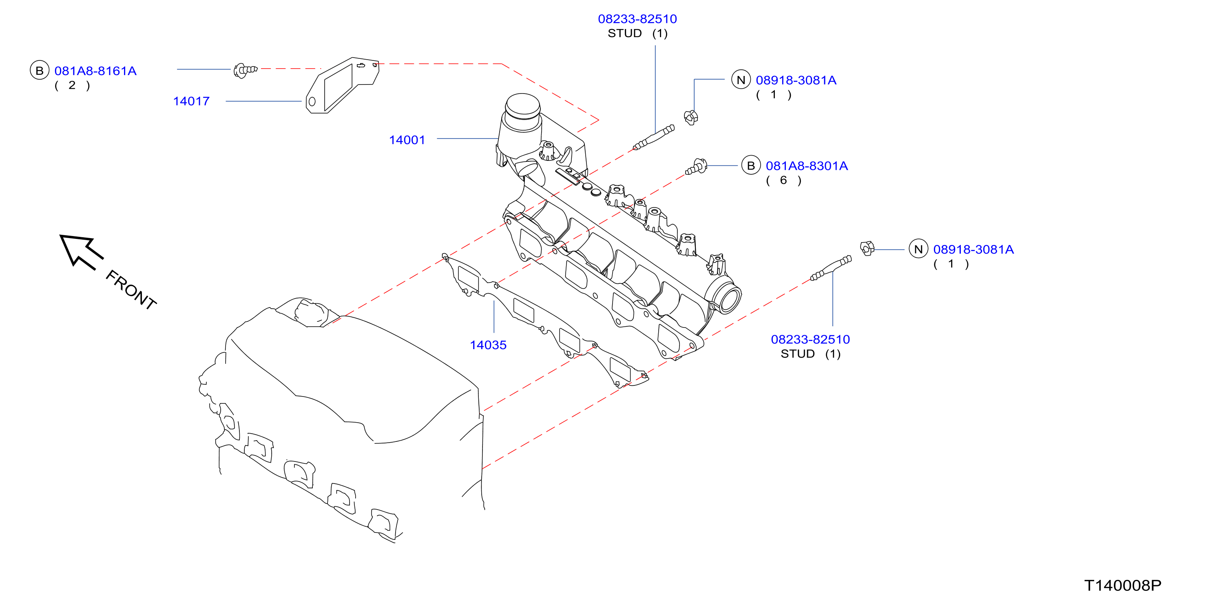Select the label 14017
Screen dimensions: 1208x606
(191, 101)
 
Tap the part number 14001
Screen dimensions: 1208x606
(407, 140)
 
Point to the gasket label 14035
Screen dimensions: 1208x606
(488, 345)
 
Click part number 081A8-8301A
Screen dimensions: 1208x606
(807, 166)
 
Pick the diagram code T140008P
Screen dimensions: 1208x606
(1123, 585)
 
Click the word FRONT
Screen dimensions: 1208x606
(131, 290)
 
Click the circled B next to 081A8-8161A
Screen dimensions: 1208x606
(40, 70)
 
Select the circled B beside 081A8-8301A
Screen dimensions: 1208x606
(751, 165)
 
